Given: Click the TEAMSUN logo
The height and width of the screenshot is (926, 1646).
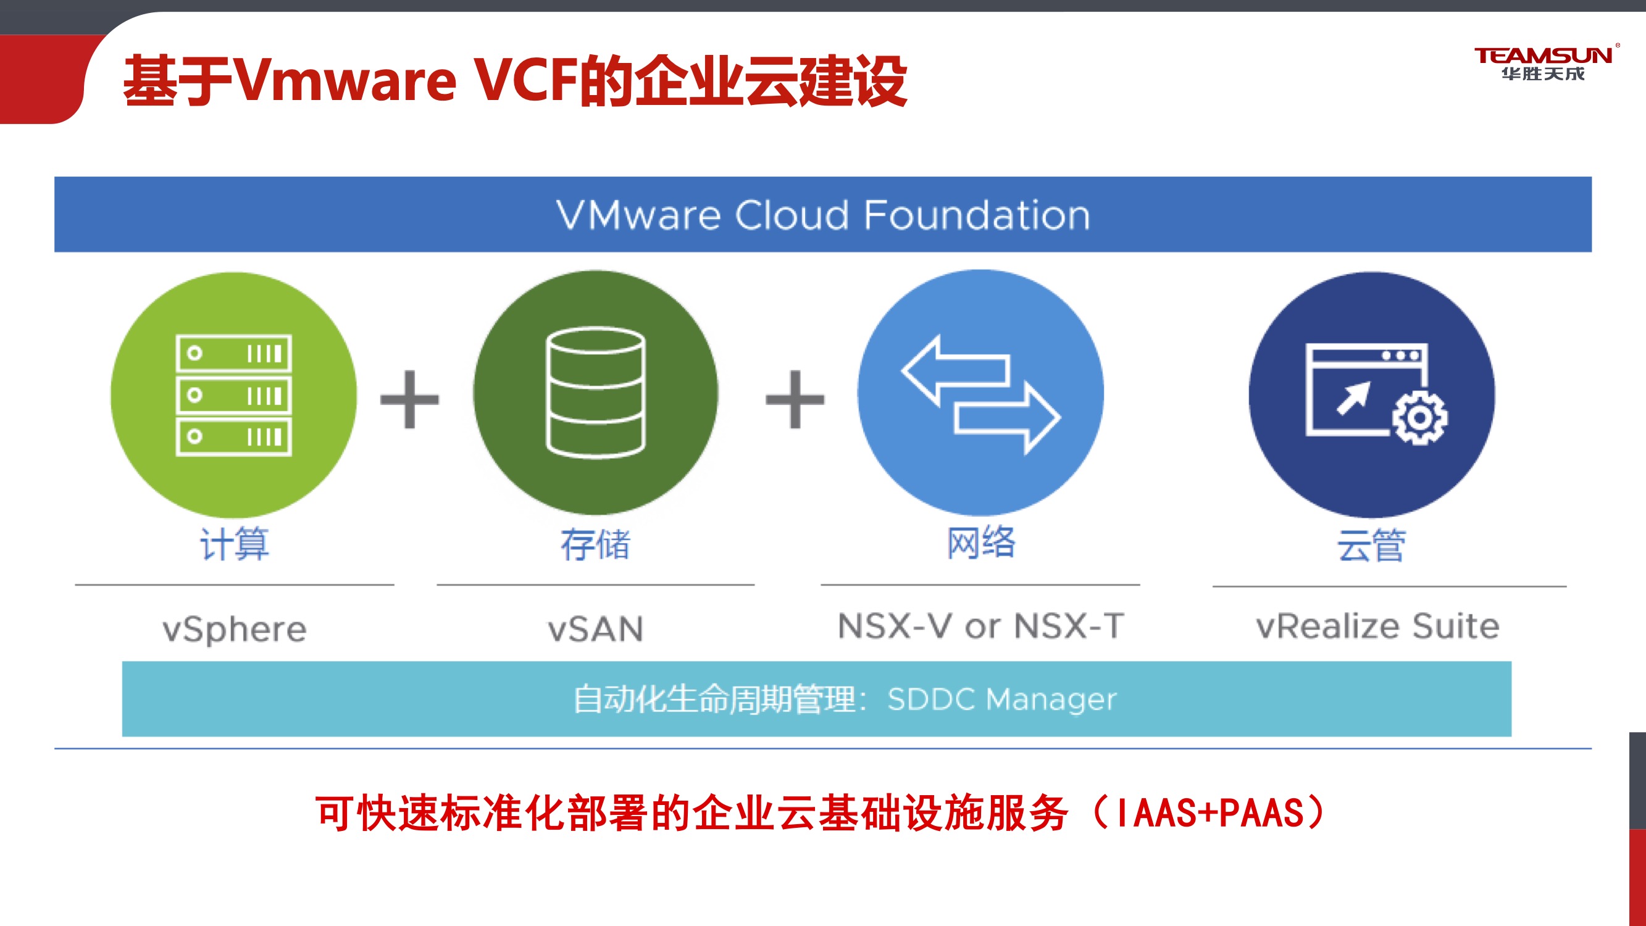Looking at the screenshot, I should point(1543,62).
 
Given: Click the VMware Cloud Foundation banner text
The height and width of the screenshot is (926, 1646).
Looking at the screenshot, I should point(823,215).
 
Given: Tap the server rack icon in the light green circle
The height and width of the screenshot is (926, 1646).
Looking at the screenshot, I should point(234,395).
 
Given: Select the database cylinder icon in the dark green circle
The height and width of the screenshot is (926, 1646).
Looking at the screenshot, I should point(596,393).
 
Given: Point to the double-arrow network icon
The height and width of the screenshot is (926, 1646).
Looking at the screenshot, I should point(981,394).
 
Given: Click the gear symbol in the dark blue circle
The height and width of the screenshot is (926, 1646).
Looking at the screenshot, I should point(1420,419).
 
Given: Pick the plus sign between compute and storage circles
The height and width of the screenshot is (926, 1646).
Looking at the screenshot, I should point(409,399).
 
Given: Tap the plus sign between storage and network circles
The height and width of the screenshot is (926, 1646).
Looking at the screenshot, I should point(795,399).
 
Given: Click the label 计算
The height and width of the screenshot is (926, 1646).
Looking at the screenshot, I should point(235,544).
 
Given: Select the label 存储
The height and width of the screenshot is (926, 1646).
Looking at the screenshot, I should point(596,544).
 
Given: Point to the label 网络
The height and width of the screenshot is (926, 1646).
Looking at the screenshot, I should point(981,543).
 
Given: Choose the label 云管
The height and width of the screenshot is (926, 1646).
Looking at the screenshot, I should point(1371,545).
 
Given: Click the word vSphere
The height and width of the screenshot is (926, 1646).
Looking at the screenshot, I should point(235,629).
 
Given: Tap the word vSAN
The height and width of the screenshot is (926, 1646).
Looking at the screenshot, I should point(596,629).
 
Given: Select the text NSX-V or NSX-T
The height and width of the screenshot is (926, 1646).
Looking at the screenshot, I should point(981,625).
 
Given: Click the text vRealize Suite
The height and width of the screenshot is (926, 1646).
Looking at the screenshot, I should point(1377,625).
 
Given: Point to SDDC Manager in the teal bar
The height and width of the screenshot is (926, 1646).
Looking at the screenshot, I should point(1002,699).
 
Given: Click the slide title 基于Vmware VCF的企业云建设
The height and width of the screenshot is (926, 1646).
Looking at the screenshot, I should point(515,81).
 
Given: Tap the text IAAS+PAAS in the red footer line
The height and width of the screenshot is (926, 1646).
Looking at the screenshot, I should point(1209,813).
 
